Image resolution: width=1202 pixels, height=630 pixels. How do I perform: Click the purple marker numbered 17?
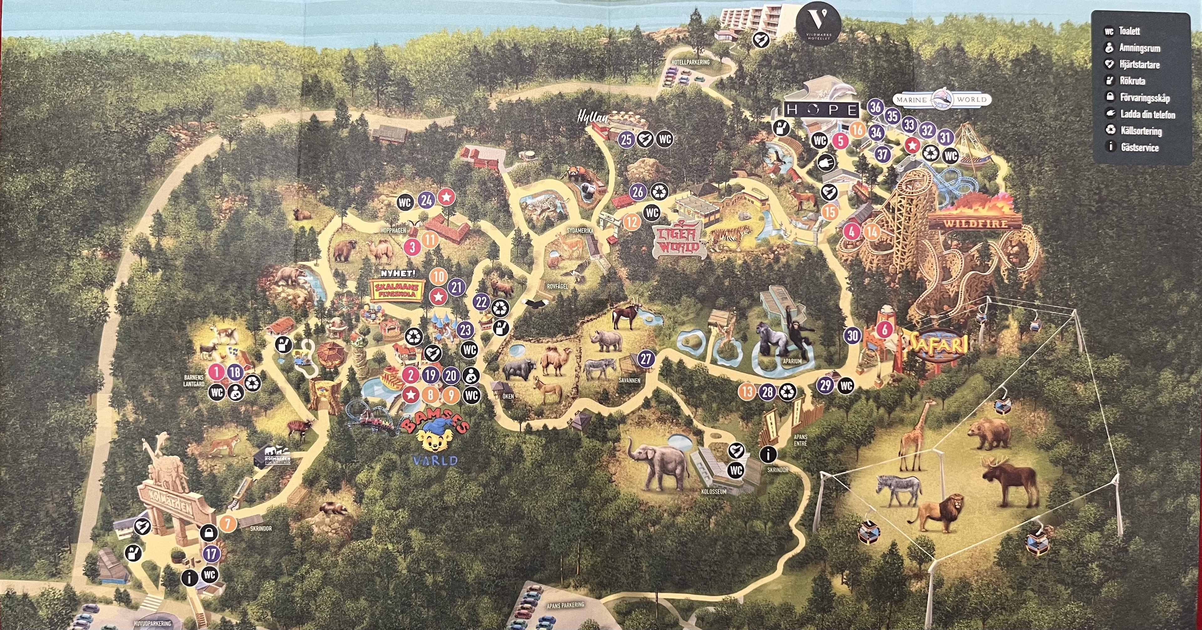211,554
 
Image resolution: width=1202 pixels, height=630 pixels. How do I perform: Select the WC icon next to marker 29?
846,386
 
